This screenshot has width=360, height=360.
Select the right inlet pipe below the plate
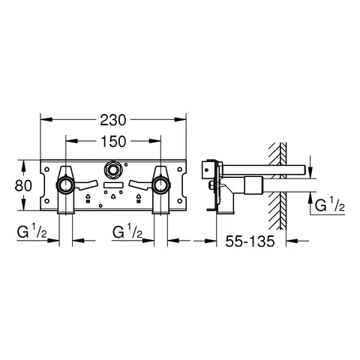point(159,221)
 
